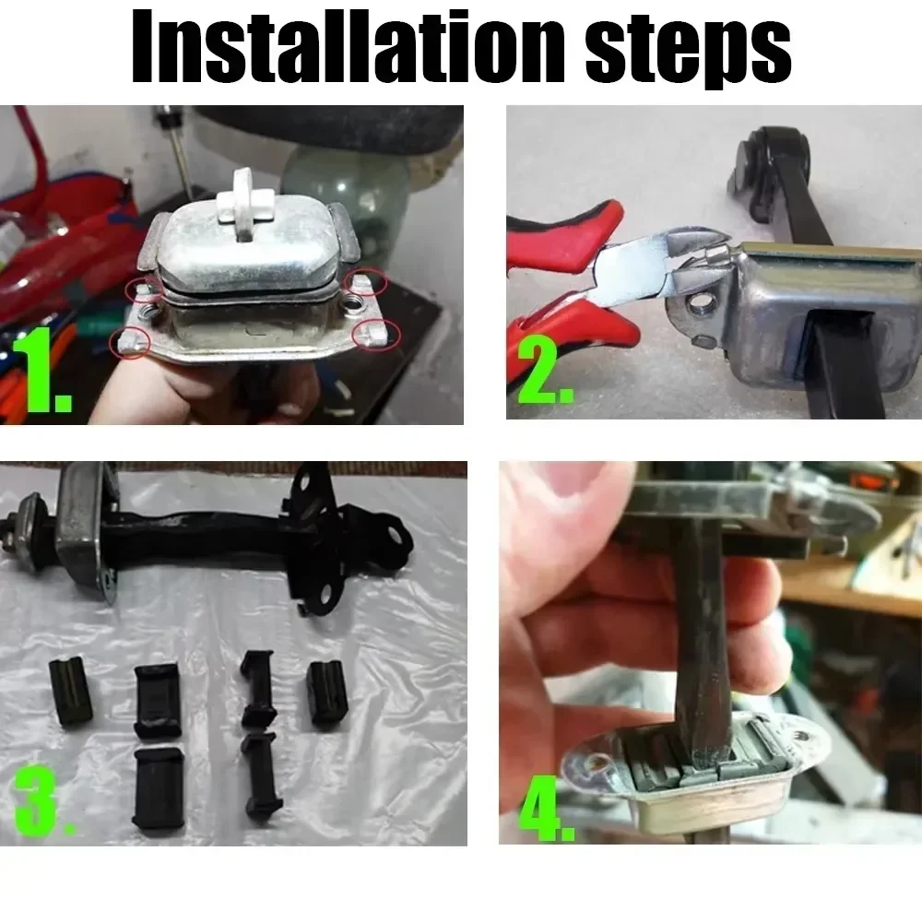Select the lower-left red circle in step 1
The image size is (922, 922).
point(129,342)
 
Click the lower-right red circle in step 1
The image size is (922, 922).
point(376,335)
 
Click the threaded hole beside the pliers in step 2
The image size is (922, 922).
point(700,304)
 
